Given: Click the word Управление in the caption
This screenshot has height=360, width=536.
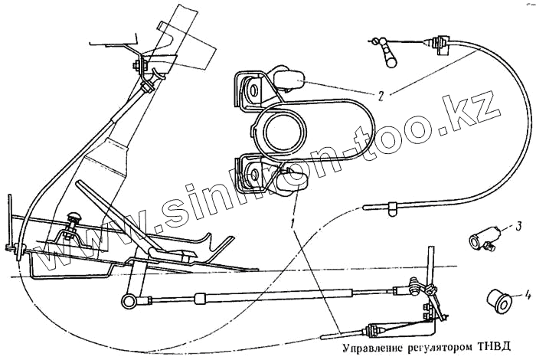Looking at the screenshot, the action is pos(362,347).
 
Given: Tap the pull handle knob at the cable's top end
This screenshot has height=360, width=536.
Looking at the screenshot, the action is pos(390,54).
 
